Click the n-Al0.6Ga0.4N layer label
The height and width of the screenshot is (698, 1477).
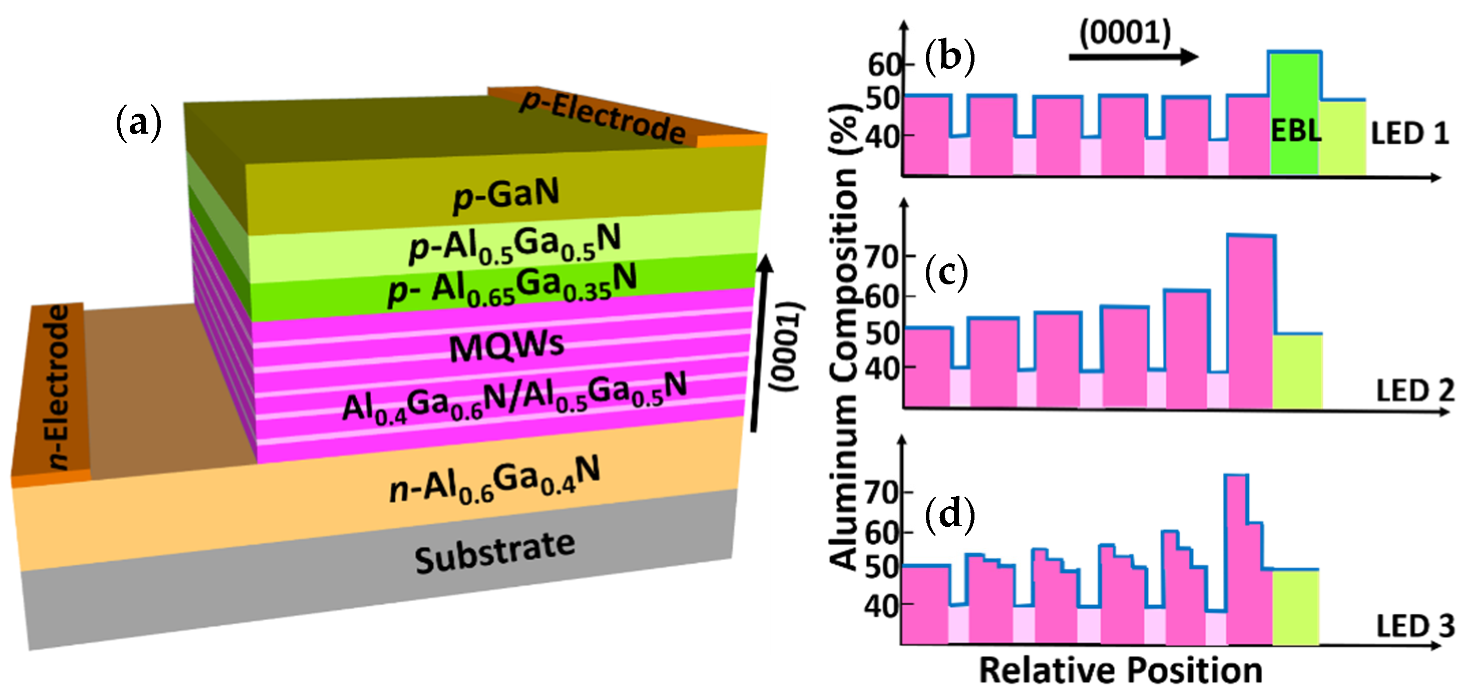[x=494, y=480]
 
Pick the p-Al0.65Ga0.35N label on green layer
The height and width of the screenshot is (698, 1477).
[x=512, y=285]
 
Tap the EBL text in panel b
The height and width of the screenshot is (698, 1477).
[x=1296, y=131]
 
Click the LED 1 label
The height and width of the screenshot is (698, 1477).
[x=1409, y=134]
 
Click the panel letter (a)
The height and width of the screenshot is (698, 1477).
[x=139, y=122]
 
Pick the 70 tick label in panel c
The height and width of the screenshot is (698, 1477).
[x=882, y=258]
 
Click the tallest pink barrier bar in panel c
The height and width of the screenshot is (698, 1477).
[x=1251, y=321]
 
